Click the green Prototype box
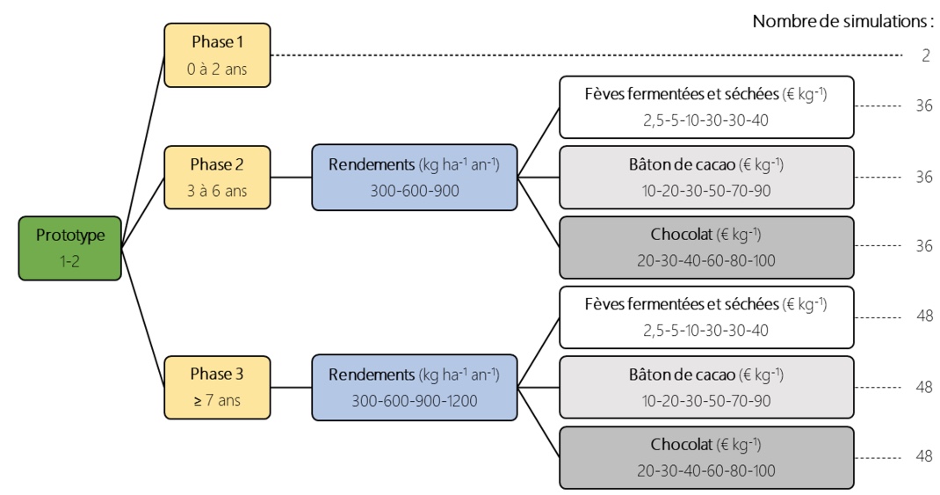coord(69,249)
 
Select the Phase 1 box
coord(217,55)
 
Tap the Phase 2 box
coord(217,178)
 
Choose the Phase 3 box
coord(217,388)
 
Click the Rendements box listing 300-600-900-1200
coord(415,388)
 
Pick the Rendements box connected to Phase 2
coord(415,178)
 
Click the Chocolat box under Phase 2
coord(706,248)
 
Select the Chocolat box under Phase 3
coord(706,458)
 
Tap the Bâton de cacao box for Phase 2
coord(706,178)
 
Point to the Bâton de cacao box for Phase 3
coord(706,388)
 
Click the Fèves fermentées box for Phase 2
coord(706,107)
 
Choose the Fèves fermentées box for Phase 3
coord(706,317)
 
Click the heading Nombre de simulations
coord(842,21)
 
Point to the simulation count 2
coord(926,55)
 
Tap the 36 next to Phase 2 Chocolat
coord(924,245)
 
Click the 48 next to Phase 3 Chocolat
coord(924,456)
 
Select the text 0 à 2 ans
coord(217,69)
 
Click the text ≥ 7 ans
coord(217,400)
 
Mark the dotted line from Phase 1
coord(587,55)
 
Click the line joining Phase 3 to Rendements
coord(292,388)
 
